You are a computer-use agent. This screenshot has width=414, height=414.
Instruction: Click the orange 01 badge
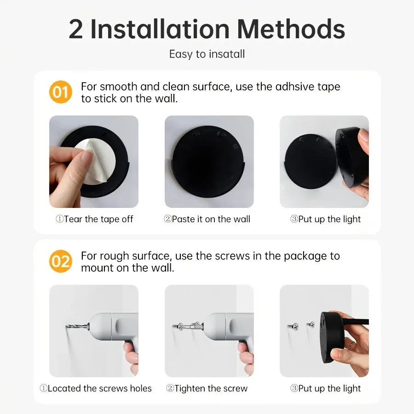(61, 92)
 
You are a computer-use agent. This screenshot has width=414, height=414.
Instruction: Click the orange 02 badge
(61, 261)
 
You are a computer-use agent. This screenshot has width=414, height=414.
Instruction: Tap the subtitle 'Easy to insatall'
(207, 54)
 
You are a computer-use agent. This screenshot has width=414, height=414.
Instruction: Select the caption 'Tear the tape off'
(94, 219)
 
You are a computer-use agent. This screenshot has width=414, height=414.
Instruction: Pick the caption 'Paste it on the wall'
(207, 219)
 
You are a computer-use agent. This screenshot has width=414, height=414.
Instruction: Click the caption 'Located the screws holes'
(95, 389)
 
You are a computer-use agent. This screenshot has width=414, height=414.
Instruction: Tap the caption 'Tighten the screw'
(207, 389)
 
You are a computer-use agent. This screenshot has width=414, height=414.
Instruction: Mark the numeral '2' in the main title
(76, 29)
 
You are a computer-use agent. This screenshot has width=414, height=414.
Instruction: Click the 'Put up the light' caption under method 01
(325, 219)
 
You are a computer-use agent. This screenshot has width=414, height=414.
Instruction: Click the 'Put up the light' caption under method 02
(325, 389)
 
